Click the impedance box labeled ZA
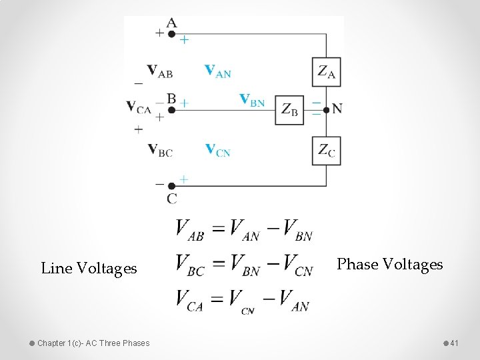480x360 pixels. pyautogui.click(x=326, y=72)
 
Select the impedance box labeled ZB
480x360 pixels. pyautogui.click(x=289, y=109)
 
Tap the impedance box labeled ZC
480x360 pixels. pyautogui.click(x=326, y=151)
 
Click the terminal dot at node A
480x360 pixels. pyautogui.click(x=171, y=34)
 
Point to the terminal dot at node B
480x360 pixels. pyautogui.click(x=171, y=109)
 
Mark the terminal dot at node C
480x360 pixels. pyautogui.click(x=171, y=186)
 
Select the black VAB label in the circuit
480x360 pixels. pyautogui.click(x=159, y=70)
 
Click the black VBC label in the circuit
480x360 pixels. pyautogui.click(x=160, y=150)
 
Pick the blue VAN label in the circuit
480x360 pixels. pyautogui.click(x=217, y=71)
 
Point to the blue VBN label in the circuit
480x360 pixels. pyautogui.click(x=252, y=100)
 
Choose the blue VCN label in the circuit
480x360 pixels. pyautogui.click(x=217, y=150)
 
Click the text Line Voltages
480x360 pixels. pyautogui.click(x=89, y=269)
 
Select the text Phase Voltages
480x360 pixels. pyautogui.click(x=390, y=265)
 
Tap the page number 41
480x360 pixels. pyautogui.click(x=455, y=343)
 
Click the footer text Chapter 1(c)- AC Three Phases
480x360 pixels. pyautogui.click(x=93, y=343)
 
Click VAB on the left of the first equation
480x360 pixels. pyautogui.click(x=190, y=229)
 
